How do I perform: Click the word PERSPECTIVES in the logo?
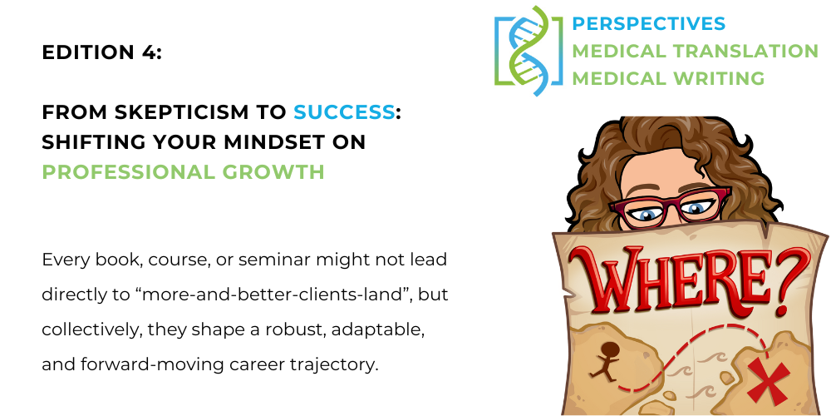pyautogui.click(x=648, y=24)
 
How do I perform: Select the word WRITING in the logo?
pyautogui.click(x=722, y=78)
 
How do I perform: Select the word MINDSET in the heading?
pyautogui.click(x=279, y=142)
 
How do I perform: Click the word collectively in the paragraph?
pyautogui.click(x=91, y=330)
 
